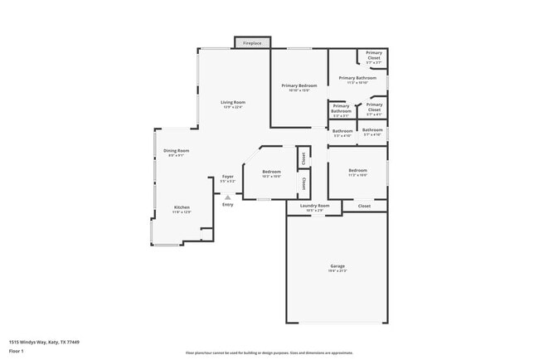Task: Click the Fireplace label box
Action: click(x=253, y=42)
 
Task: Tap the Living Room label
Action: click(x=233, y=102)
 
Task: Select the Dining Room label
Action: click(x=177, y=150)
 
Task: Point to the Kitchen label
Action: click(x=182, y=207)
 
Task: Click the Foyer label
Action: click(x=227, y=176)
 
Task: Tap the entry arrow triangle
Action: click(x=227, y=197)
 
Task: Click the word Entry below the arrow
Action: click(x=227, y=204)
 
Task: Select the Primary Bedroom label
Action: click(x=299, y=85)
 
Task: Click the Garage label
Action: click(x=337, y=266)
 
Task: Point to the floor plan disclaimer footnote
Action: click(x=269, y=353)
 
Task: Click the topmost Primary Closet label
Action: click(x=374, y=55)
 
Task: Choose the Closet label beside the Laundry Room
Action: click(x=364, y=206)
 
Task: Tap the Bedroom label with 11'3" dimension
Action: click(x=357, y=170)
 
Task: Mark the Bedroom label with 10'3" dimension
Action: click(x=272, y=172)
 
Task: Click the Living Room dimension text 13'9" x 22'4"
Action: click(x=233, y=107)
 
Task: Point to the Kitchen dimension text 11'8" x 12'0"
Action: click(x=182, y=212)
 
